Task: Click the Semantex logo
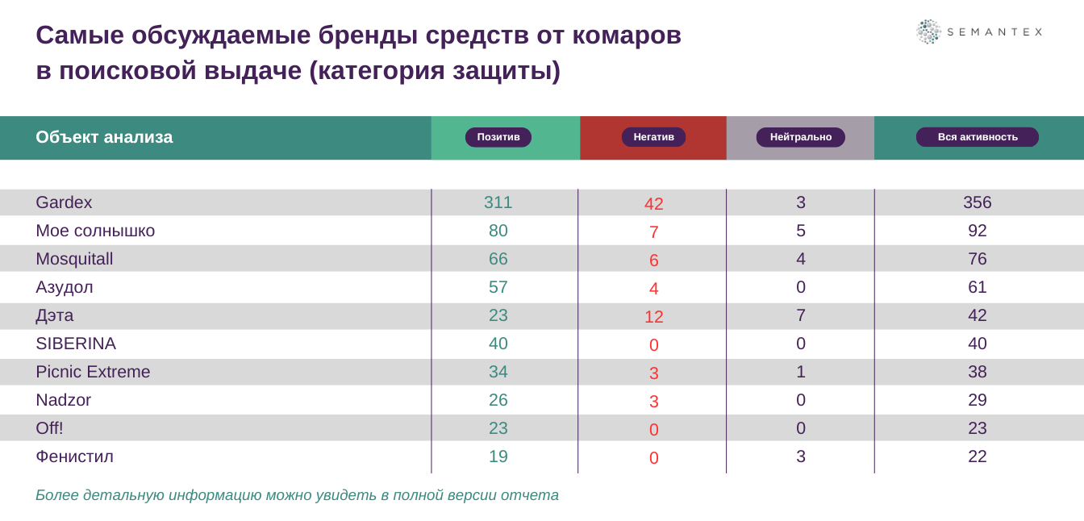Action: [x=978, y=31]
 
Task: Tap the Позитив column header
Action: [x=498, y=137]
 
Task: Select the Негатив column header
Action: [x=653, y=137]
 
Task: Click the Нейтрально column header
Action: [x=800, y=137]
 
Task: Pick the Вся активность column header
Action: [x=977, y=137]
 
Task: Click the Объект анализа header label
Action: [x=104, y=137]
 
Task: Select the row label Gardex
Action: [x=64, y=202]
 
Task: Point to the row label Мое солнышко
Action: [x=95, y=231]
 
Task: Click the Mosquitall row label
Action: [x=74, y=259]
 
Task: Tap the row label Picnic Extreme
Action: [x=93, y=372]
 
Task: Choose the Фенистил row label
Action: [x=74, y=456]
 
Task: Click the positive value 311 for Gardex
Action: [x=498, y=202]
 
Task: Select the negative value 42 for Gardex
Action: [x=653, y=204]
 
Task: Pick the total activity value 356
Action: [x=977, y=202]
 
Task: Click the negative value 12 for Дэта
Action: [x=653, y=317]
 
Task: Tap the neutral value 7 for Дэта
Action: [x=800, y=315]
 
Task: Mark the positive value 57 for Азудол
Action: [x=498, y=287]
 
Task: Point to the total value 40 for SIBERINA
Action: [x=977, y=344]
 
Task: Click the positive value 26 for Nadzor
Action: [x=498, y=400]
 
